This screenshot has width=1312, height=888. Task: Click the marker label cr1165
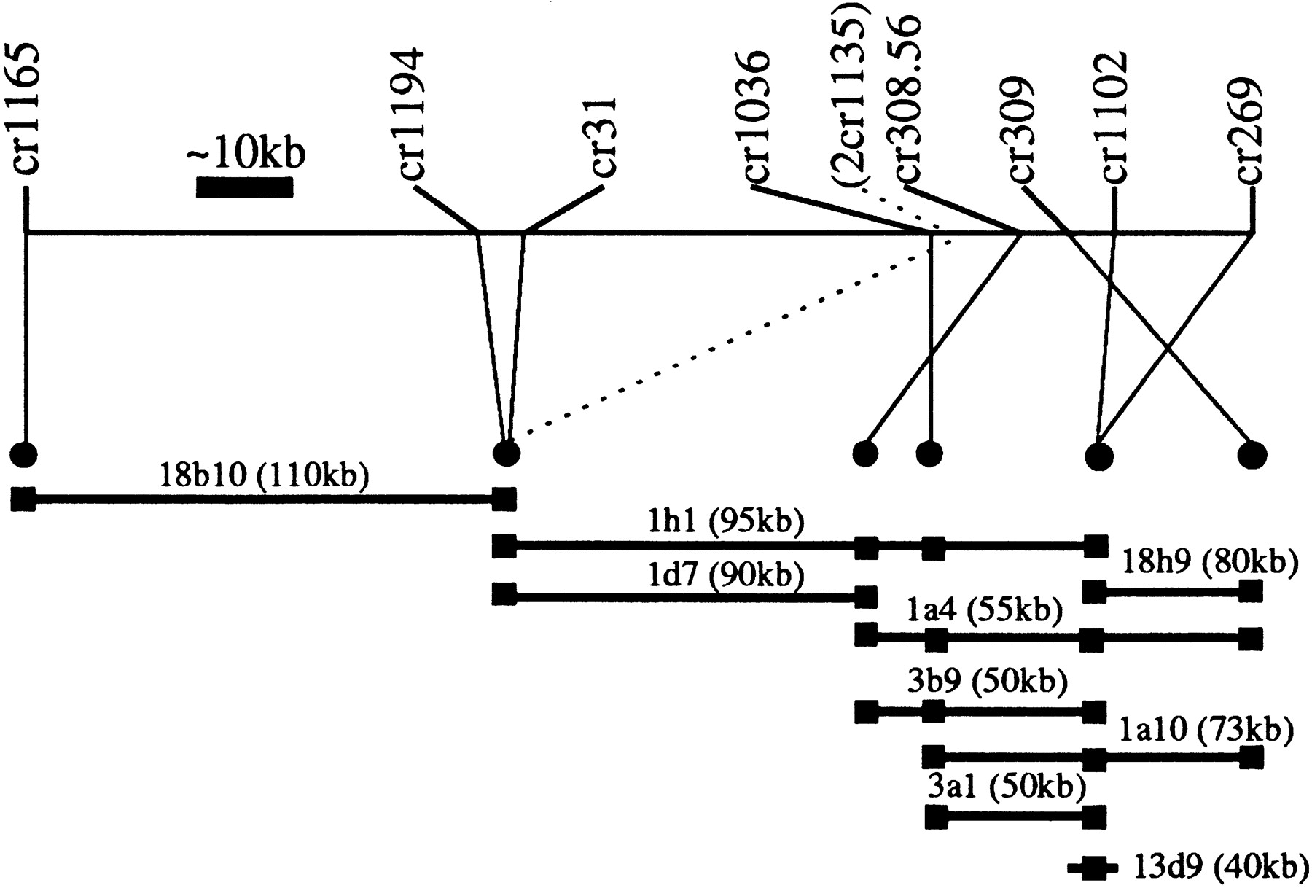tap(27, 109)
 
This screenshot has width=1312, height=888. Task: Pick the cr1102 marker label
tap(1115, 117)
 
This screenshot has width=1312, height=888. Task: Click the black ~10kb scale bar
tap(244, 187)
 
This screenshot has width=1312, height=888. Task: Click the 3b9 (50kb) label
tap(987, 682)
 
